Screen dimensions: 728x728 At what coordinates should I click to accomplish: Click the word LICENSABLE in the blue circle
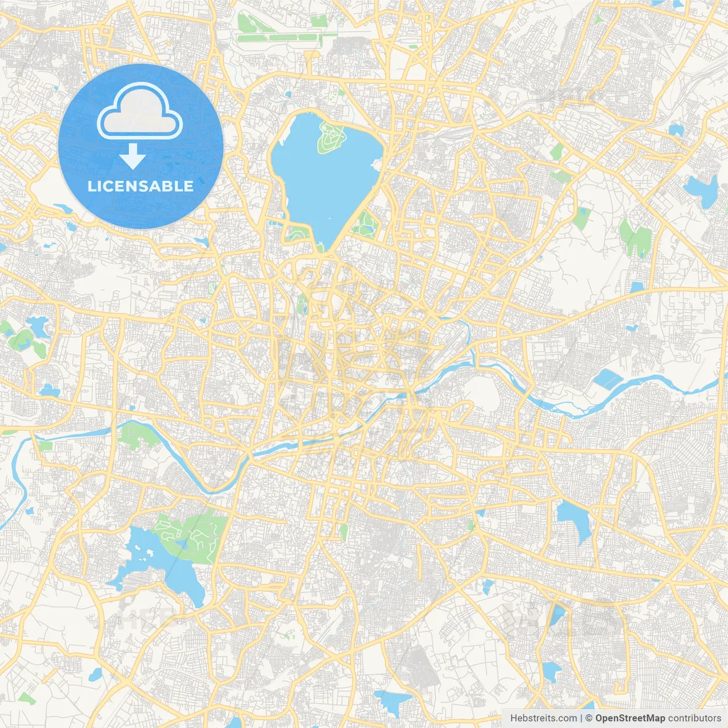[x=140, y=186]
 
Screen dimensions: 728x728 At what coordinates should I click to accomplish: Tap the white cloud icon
[x=140, y=111]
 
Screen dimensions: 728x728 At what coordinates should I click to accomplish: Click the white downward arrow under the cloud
[x=133, y=156]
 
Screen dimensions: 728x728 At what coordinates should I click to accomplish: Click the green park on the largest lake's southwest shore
[x=297, y=233]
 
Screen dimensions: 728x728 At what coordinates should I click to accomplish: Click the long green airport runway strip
[x=279, y=38]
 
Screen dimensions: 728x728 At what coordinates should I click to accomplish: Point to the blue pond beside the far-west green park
[x=37, y=326]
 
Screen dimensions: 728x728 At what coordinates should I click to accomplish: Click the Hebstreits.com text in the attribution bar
[x=543, y=718]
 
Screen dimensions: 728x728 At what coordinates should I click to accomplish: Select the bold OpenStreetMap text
[x=630, y=718]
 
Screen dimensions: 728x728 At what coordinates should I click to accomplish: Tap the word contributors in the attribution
[x=694, y=718]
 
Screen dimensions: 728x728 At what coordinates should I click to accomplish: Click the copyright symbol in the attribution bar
[x=589, y=718]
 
